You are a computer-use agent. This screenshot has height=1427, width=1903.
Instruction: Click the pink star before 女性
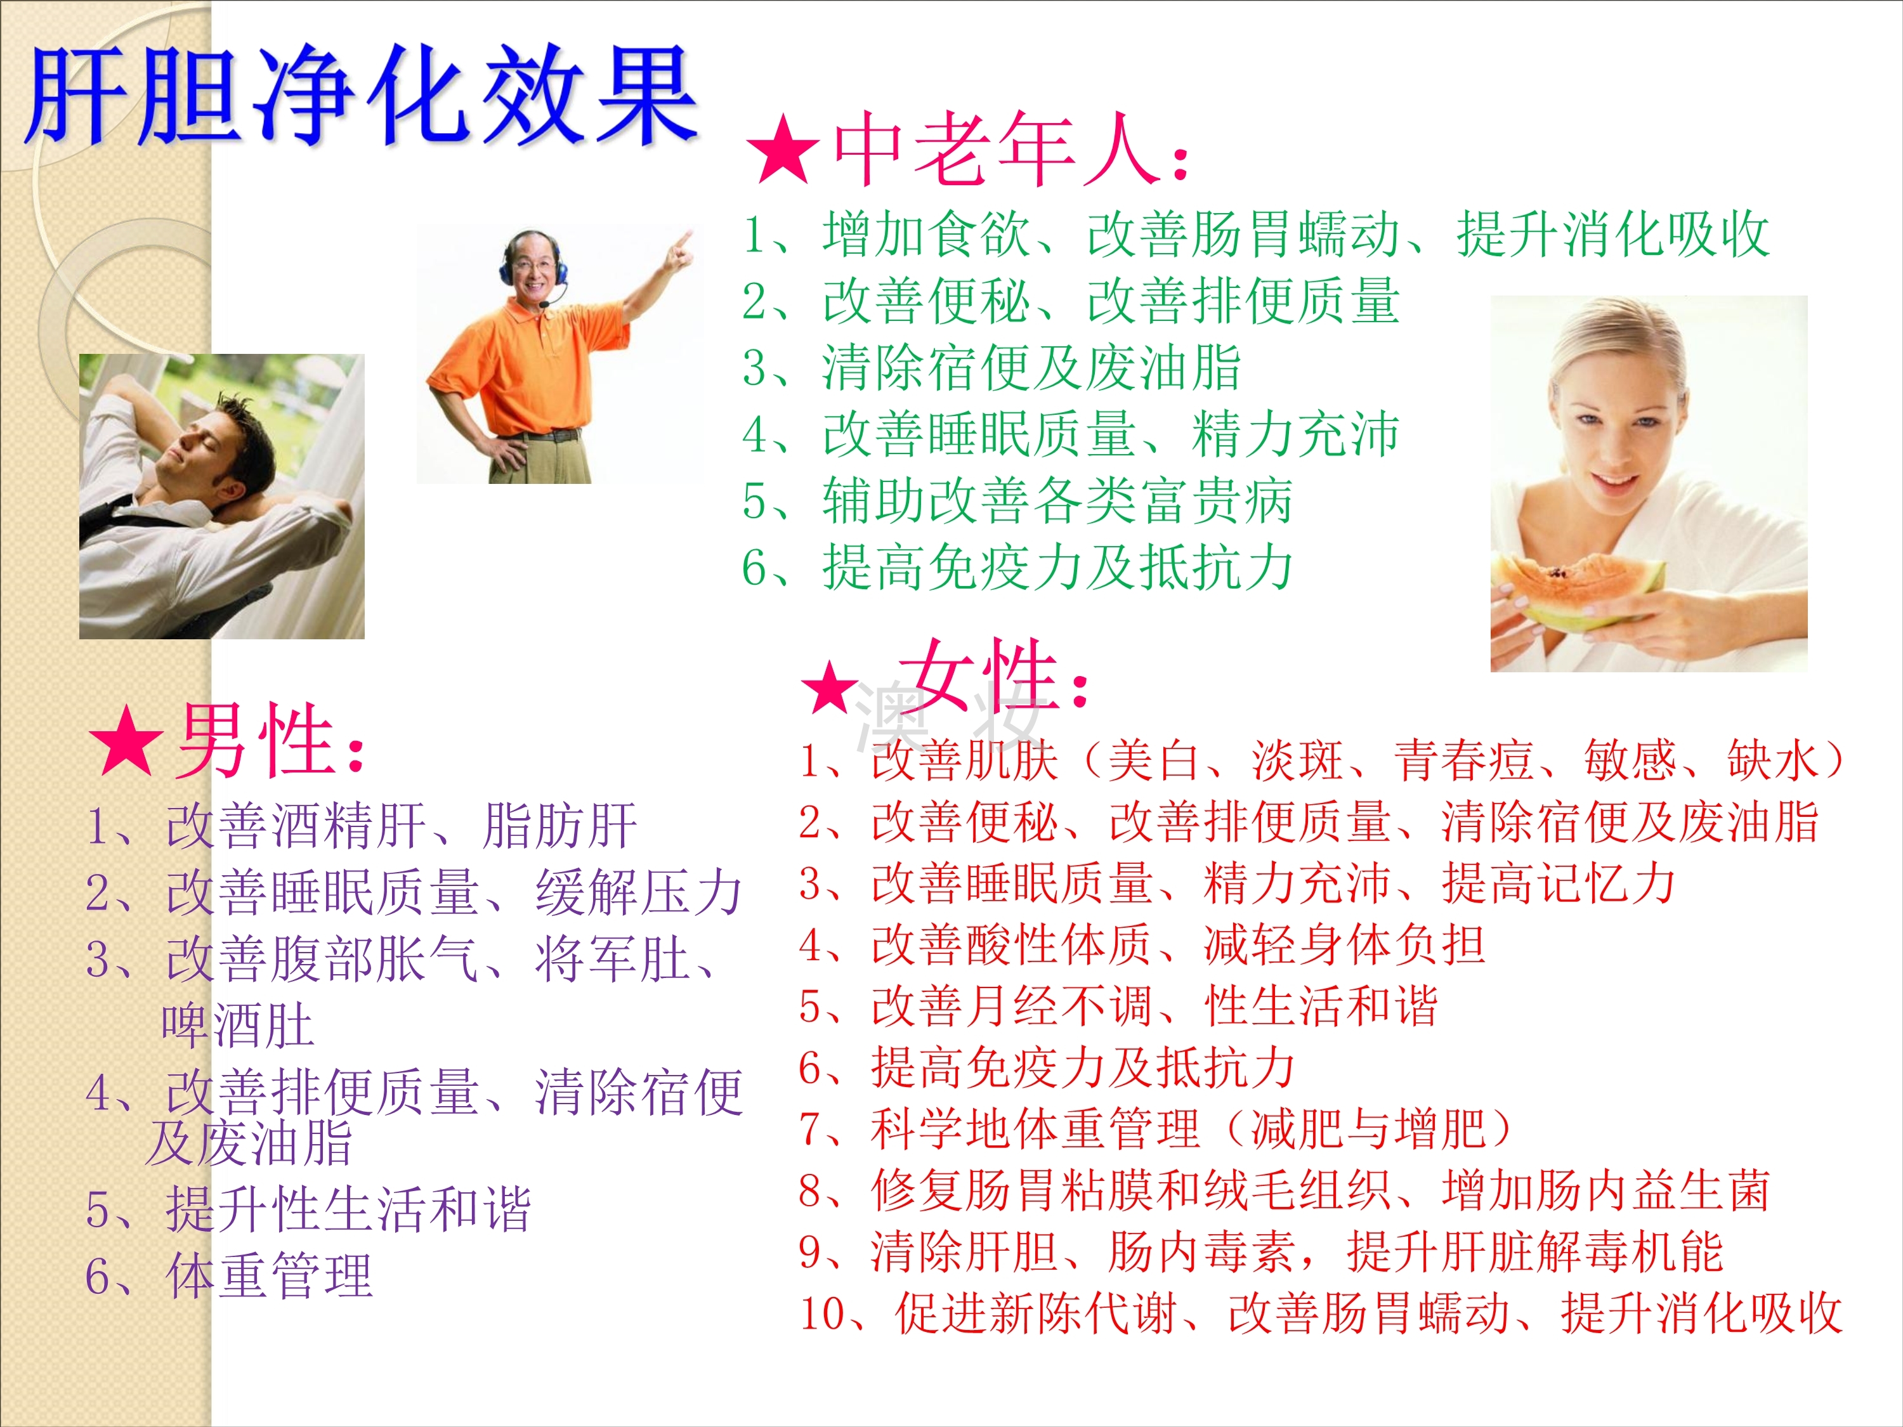830,686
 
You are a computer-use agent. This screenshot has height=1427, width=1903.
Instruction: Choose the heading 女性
993,675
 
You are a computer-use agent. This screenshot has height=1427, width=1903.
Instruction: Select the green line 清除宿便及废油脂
991,368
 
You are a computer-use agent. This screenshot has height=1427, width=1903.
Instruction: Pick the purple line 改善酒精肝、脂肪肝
362,826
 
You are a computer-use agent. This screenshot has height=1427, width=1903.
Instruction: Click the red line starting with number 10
1321,1313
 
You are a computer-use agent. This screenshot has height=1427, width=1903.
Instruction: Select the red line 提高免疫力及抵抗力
1047,1067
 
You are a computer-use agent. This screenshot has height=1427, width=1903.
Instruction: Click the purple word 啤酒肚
237,1026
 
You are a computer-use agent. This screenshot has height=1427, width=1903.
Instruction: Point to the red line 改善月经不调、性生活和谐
1118,1007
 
